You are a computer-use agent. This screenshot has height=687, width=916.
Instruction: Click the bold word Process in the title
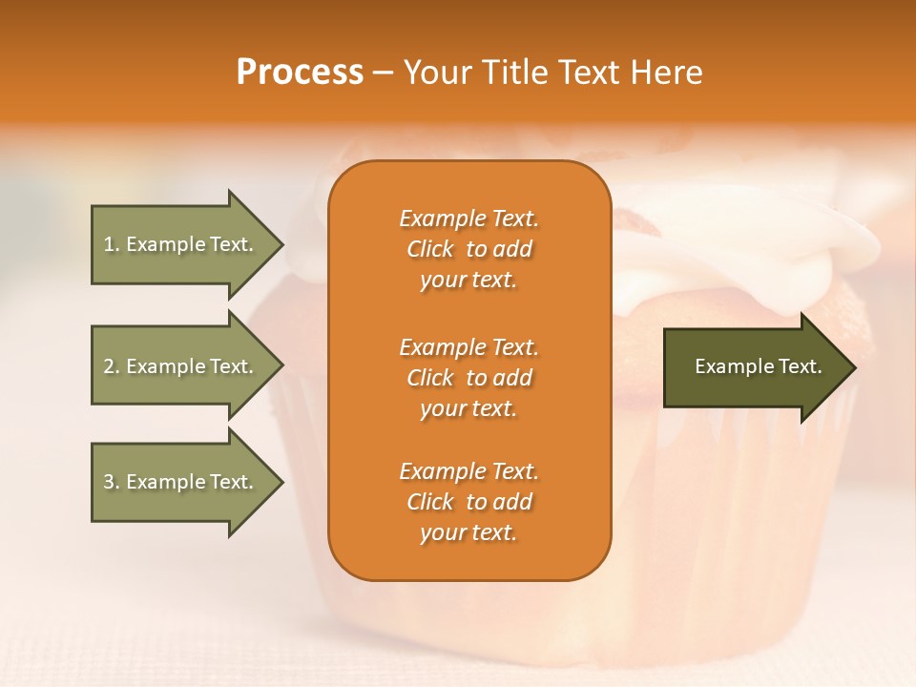(x=300, y=73)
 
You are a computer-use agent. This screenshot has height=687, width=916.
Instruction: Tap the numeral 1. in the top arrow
(x=112, y=244)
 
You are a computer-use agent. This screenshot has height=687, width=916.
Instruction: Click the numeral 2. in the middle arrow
(x=112, y=366)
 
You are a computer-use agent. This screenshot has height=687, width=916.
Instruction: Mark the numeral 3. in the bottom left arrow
(x=112, y=482)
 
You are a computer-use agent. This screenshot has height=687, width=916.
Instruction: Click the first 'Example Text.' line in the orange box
(x=468, y=219)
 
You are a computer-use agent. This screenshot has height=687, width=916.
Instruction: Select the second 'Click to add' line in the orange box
(x=468, y=378)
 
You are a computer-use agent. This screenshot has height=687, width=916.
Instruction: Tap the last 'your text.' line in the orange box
(x=468, y=533)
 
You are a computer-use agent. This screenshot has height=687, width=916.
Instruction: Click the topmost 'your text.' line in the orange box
(x=468, y=281)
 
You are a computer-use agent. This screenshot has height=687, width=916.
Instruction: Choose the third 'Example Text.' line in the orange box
(x=468, y=471)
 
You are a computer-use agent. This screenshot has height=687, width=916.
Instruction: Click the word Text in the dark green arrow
(x=799, y=366)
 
